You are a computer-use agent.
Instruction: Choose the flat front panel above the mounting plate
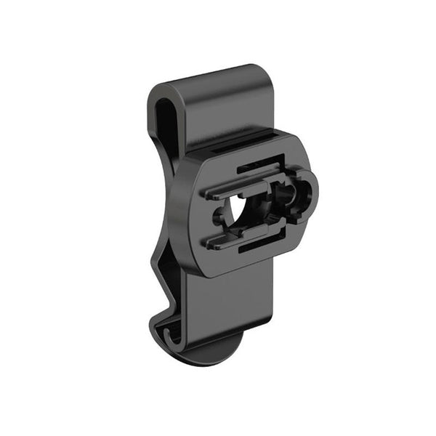tap(225, 109)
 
